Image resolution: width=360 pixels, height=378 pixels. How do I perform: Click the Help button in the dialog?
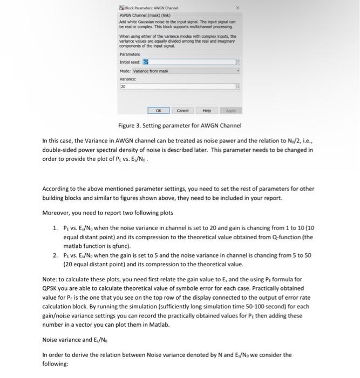coord(206,110)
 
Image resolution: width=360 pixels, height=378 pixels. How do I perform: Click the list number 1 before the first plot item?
coord(56,228)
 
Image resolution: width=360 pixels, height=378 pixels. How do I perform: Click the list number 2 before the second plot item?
coord(56,255)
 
